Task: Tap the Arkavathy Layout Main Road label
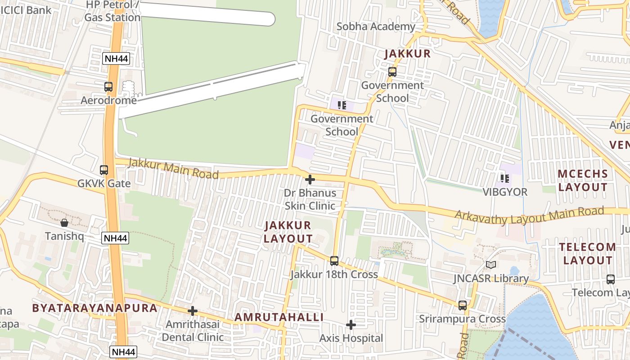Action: (x=529, y=216)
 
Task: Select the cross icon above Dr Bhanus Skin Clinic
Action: (x=310, y=180)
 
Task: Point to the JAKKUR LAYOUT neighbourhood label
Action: (x=288, y=232)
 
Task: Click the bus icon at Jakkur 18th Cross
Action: (x=334, y=261)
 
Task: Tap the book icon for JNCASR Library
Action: (x=490, y=265)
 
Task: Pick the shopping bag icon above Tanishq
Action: (x=64, y=223)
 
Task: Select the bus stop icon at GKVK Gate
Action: (x=104, y=170)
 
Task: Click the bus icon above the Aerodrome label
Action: (x=108, y=87)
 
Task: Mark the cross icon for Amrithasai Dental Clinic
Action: (x=193, y=311)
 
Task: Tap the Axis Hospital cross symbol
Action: (x=351, y=325)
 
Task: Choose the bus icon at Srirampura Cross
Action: (x=462, y=306)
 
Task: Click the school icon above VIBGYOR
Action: (x=505, y=179)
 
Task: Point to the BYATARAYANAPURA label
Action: (x=94, y=308)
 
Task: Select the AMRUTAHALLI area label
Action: (x=279, y=317)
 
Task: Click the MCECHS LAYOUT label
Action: (x=583, y=180)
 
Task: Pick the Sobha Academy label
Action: (x=376, y=27)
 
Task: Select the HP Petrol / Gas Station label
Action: (x=112, y=11)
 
